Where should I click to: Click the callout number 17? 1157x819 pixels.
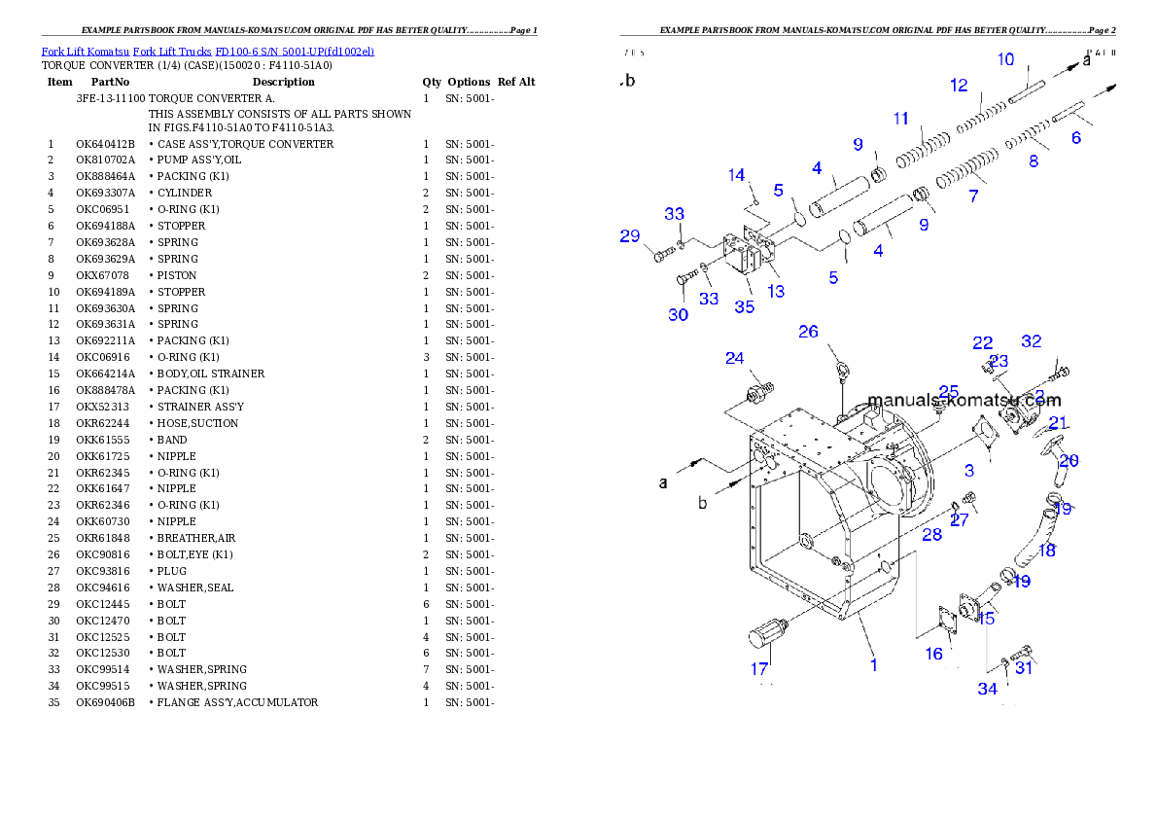pos(758,669)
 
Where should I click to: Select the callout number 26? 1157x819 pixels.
pos(808,332)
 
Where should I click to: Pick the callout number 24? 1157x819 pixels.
pos(734,358)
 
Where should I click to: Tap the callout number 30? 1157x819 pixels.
pos(678,314)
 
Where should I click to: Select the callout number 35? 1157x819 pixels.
pos(744,306)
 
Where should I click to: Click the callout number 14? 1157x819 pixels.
pos(736,175)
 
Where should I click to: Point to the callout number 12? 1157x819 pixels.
pos(959,86)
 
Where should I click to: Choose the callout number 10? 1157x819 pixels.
pos(1005,59)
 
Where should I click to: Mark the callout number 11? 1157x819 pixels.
pos(901,119)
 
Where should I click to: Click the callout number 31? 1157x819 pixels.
pos(1024,667)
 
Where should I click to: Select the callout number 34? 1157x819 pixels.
pos(987,689)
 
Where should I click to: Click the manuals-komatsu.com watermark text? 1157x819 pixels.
pos(964,400)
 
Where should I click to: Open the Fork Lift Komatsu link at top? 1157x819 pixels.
pos(207,51)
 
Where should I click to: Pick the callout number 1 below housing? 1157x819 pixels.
pos(873,665)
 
